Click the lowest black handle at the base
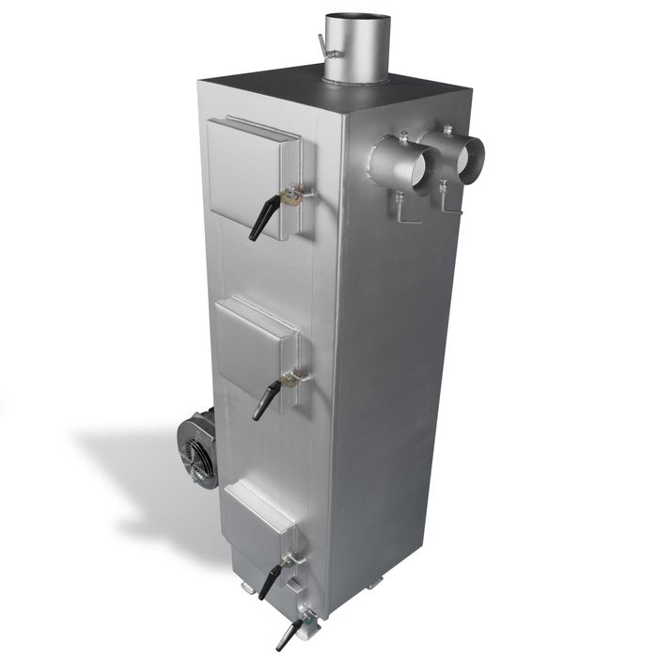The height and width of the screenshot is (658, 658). pos(286,634)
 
